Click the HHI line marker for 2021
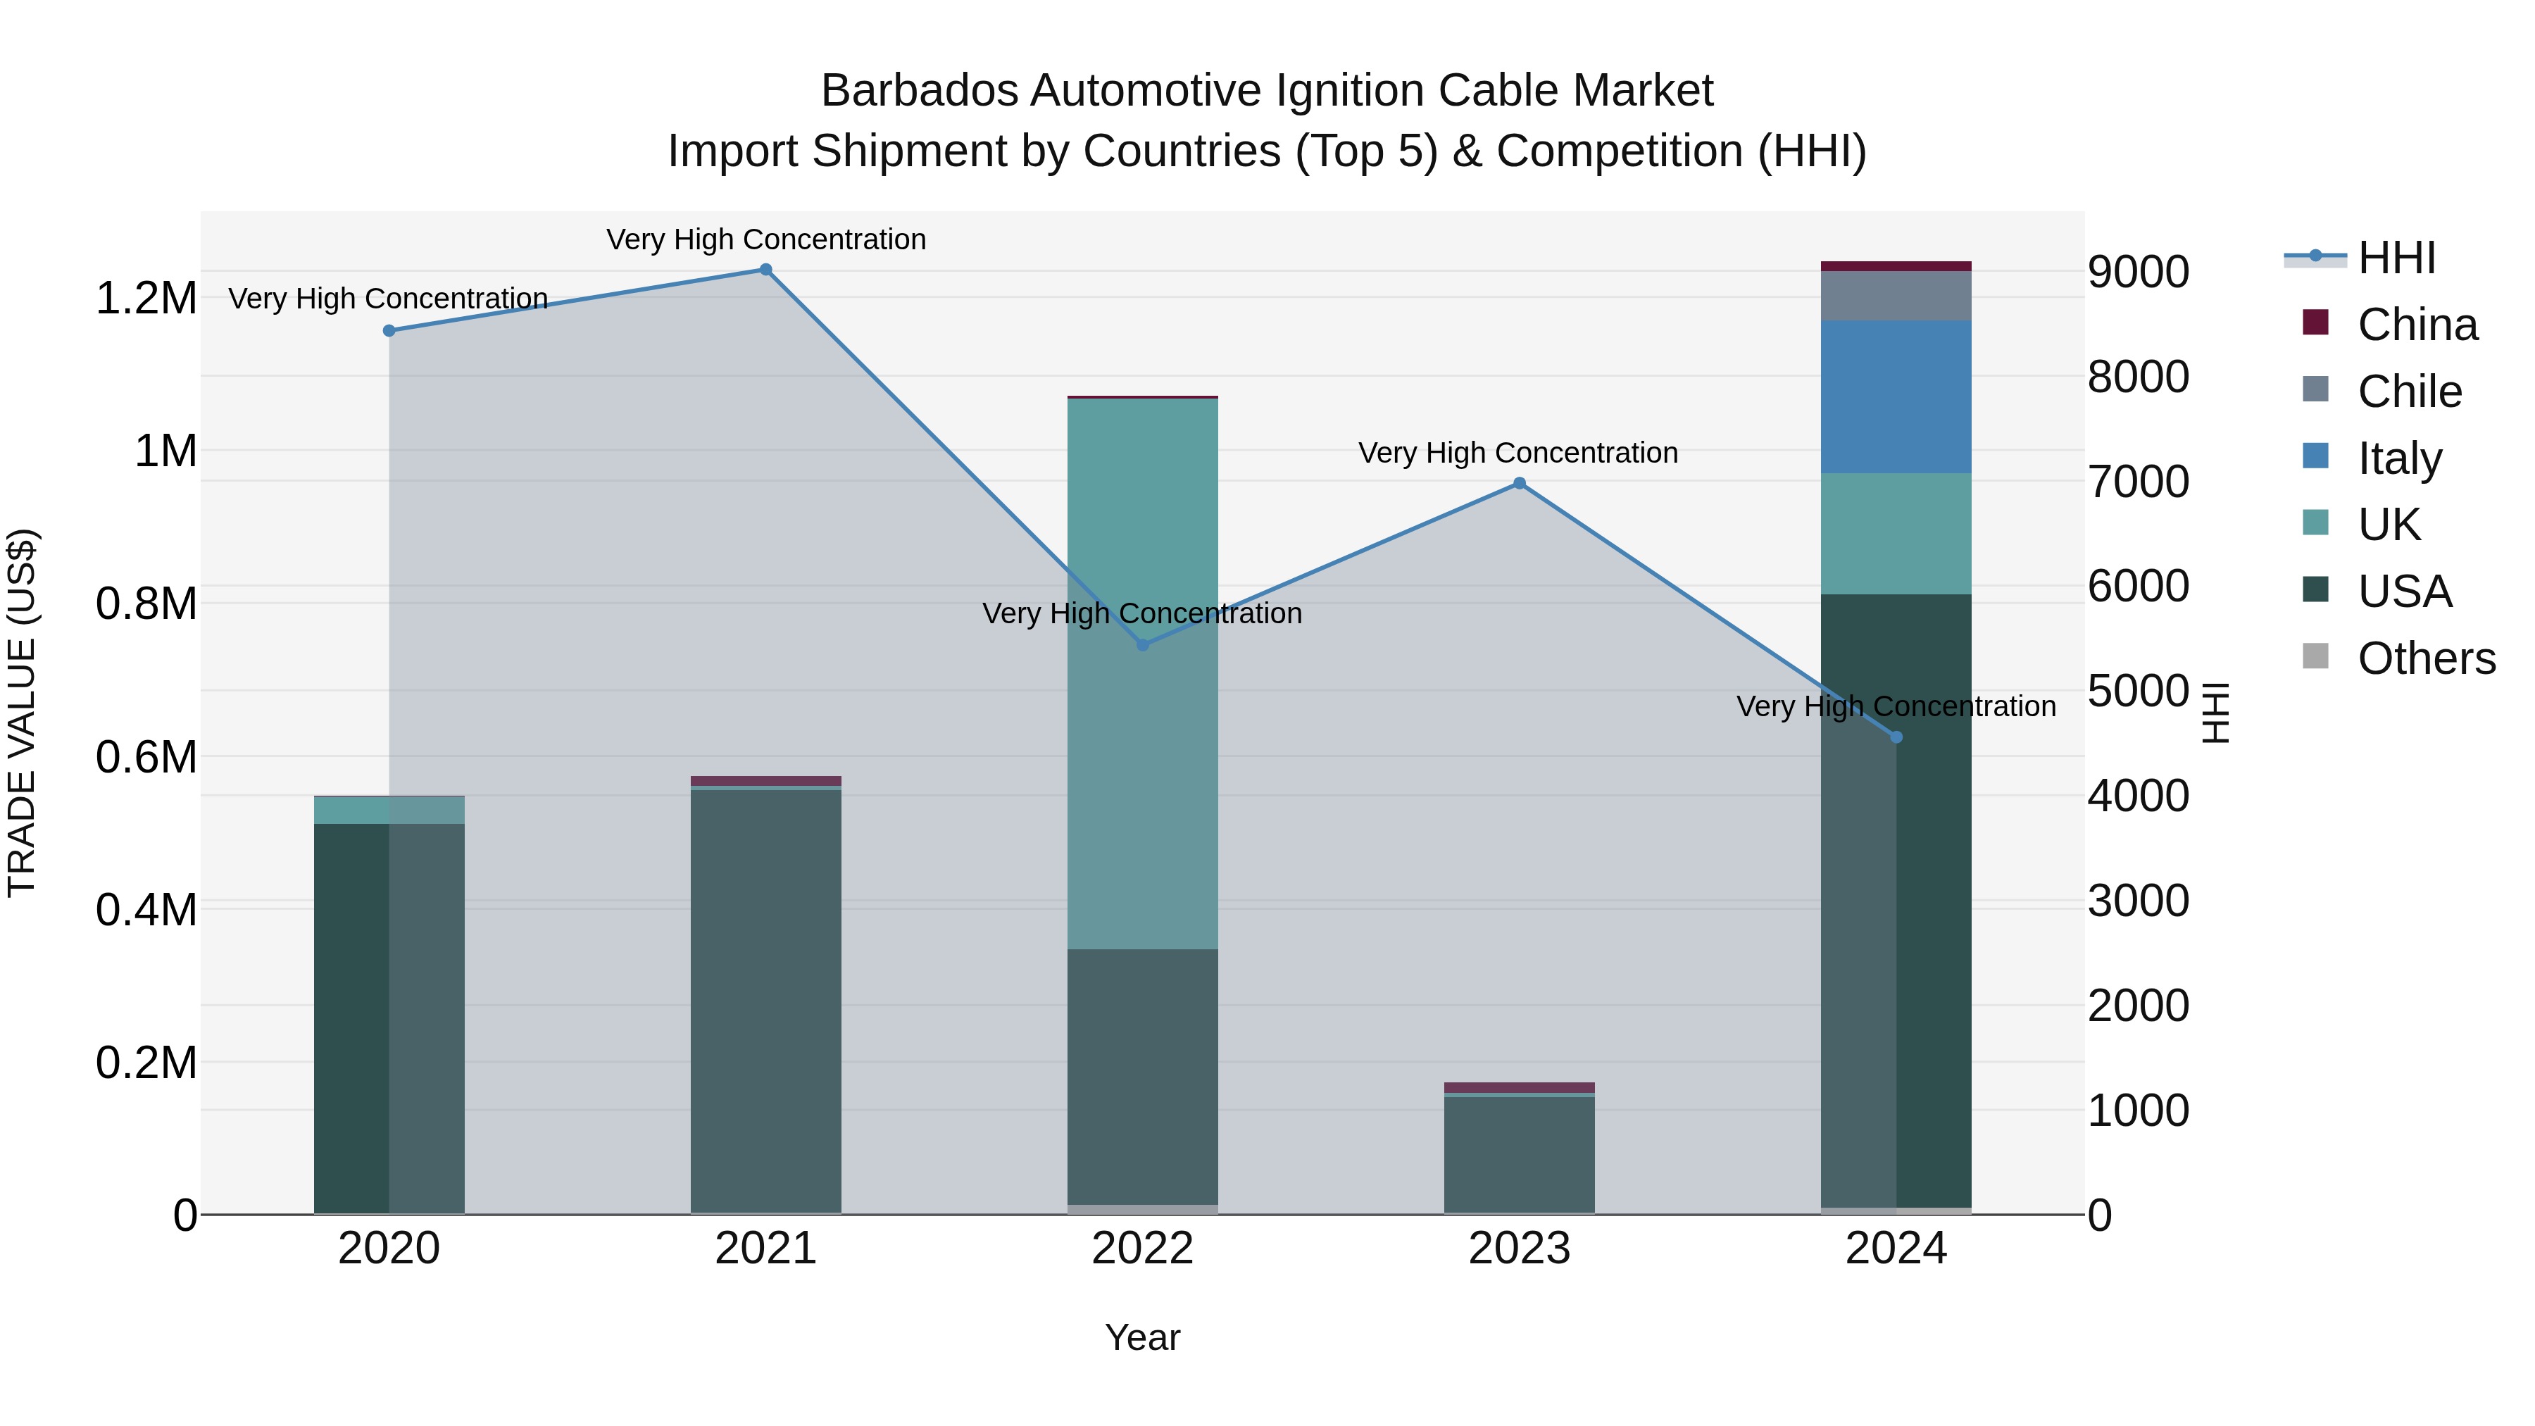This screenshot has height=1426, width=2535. coord(765,270)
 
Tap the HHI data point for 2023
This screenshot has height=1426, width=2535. coord(1520,483)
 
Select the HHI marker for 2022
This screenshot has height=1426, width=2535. coord(1143,644)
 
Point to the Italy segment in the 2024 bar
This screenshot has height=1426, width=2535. coord(1896,396)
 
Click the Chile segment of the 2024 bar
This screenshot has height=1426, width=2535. coord(1896,295)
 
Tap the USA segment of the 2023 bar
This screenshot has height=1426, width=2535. coord(1520,1154)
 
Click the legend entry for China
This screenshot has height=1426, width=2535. coord(2417,325)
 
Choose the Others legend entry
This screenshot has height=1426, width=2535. coord(2426,658)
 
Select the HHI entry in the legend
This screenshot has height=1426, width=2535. coord(2396,258)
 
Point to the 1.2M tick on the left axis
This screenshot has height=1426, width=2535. coord(146,298)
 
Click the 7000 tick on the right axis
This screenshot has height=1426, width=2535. coord(2139,482)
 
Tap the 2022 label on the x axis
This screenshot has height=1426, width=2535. coord(1143,1249)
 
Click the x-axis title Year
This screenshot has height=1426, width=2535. coord(1143,1337)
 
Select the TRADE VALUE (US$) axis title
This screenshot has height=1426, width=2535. coord(22,713)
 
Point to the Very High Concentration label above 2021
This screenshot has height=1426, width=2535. coord(765,239)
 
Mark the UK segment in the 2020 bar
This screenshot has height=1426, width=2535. coord(389,810)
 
